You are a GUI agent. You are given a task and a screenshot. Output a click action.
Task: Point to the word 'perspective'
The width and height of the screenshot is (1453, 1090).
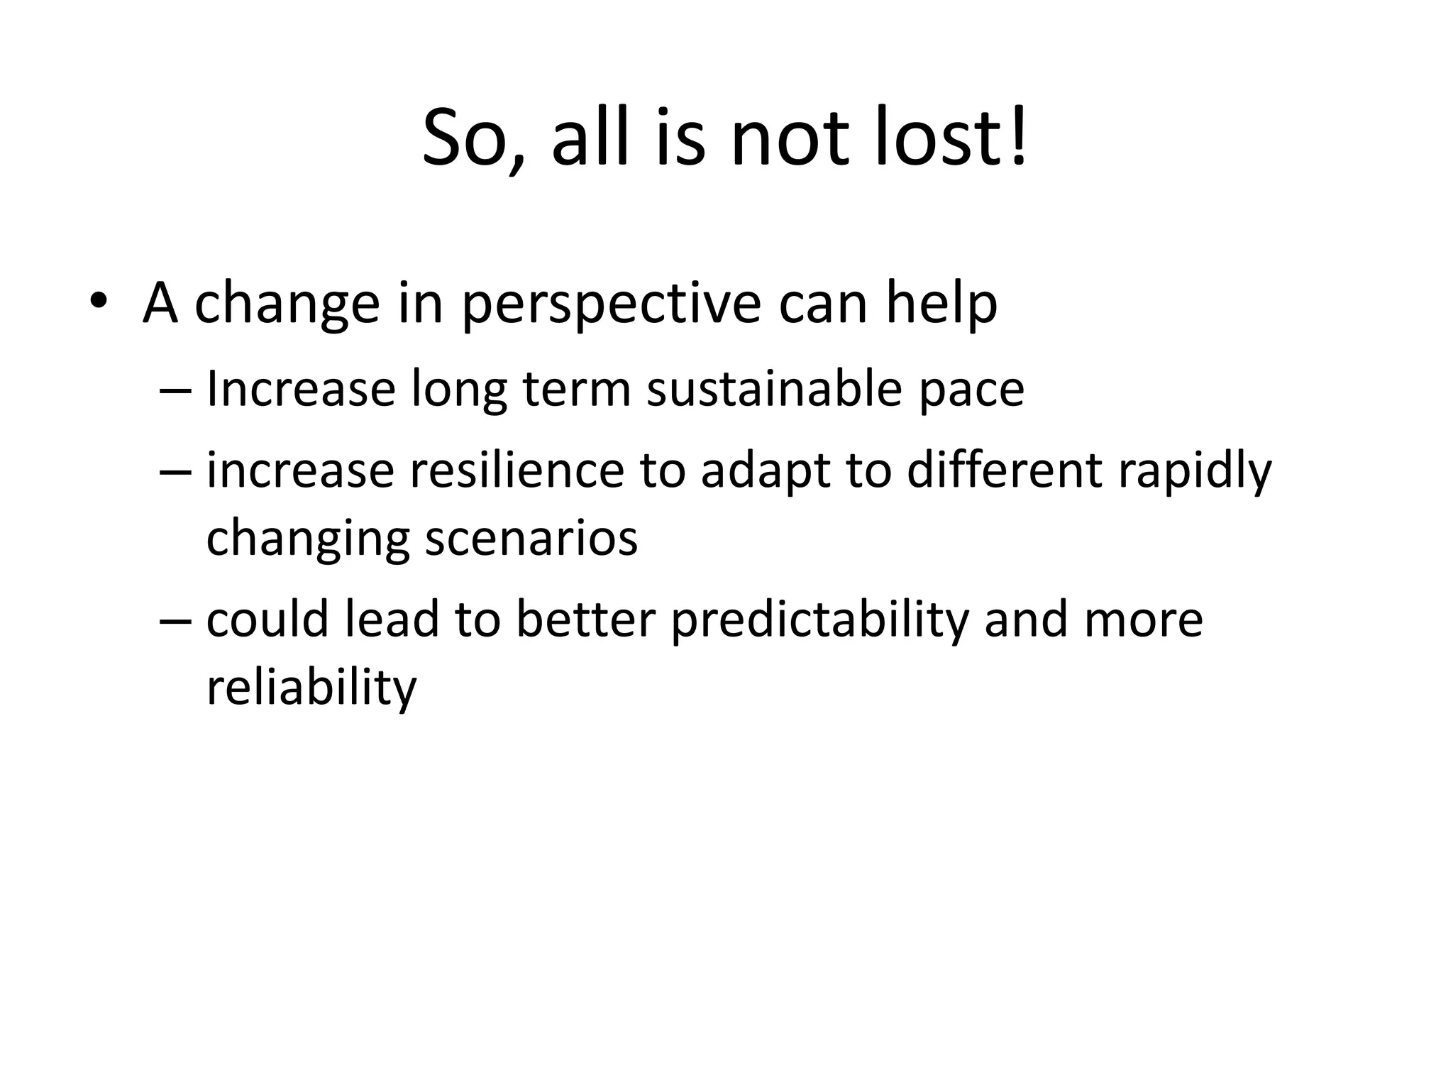point(611,305)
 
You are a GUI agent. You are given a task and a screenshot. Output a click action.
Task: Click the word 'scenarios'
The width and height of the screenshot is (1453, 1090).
point(531,538)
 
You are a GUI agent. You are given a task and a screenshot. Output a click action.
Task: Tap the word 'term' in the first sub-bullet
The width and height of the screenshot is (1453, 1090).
point(577,390)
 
